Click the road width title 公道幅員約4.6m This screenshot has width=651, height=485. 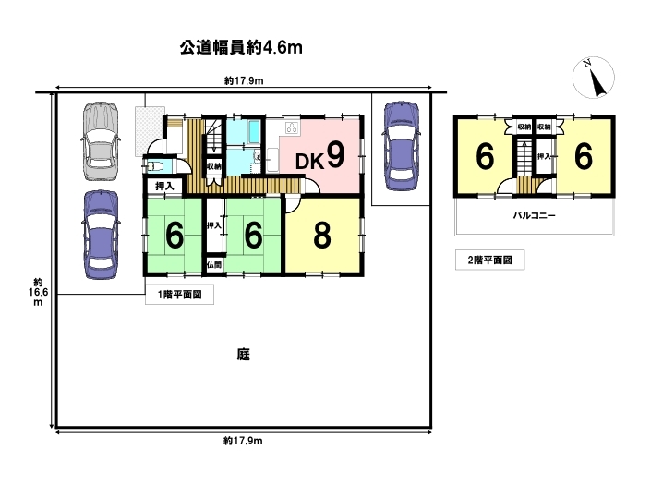[x=241, y=48]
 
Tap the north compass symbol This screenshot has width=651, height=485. [x=594, y=78]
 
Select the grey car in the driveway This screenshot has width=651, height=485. [x=100, y=141]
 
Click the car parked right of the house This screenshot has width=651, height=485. [x=401, y=146]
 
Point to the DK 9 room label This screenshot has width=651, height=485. [x=320, y=156]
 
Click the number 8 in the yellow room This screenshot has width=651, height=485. [x=322, y=235]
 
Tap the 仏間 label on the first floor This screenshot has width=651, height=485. [x=214, y=265]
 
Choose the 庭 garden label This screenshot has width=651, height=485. [x=244, y=355]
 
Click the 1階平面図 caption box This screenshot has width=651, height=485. [x=180, y=295]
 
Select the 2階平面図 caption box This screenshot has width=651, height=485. [x=490, y=260]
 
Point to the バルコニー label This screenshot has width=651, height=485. [x=535, y=215]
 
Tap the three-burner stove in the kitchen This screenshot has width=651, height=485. [x=293, y=127]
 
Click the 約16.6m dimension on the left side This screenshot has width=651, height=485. [x=38, y=292]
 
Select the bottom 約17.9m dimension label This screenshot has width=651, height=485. [x=243, y=441]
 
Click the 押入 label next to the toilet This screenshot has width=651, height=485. [x=164, y=186]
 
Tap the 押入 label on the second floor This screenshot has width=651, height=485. [x=544, y=156]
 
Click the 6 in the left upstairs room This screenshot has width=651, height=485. [x=485, y=157]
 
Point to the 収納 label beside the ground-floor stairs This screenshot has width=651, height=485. [x=214, y=166]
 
